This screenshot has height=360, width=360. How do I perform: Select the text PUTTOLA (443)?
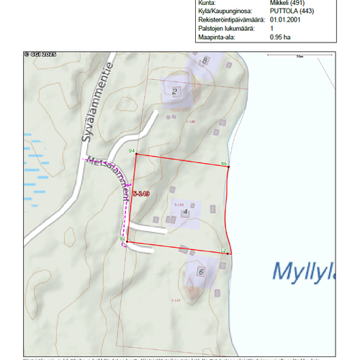pyautogui.click(x=291, y=12)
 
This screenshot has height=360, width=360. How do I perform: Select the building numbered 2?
pyautogui.click(x=174, y=91)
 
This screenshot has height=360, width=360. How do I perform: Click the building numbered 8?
pyautogui.click(x=205, y=60)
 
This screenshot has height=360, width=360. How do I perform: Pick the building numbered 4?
pyautogui.click(x=185, y=212)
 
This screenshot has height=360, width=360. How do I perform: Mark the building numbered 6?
pyautogui.click(x=201, y=272)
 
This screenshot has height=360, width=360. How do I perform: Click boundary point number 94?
pyautogui.click(x=132, y=151)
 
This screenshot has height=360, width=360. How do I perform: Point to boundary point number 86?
pyautogui.click(x=225, y=164)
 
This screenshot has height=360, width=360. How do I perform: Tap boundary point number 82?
pyautogui.click(x=122, y=238)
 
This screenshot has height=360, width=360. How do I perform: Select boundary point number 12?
pyautogui.click(x=223, y=251)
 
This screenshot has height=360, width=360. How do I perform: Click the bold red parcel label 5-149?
pyautogui.click(x=140, y=194)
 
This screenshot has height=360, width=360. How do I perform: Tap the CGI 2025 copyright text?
pyautogui.click(x=39, y=54)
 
